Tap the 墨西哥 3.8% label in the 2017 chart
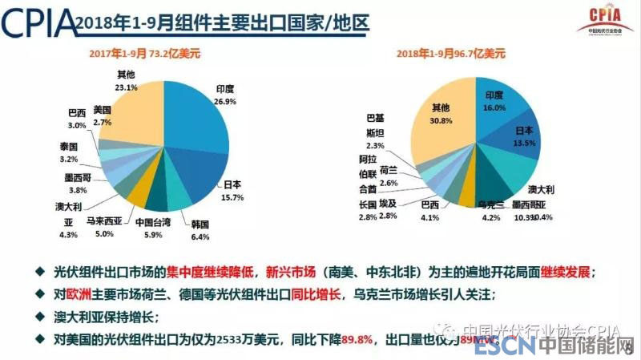tap(77, 184)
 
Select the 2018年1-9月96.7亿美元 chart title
tap(450, 54)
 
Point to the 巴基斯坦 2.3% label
tap(375, 131)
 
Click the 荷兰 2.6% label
tap(389, 176)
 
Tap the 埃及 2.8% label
tap(388, 211)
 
